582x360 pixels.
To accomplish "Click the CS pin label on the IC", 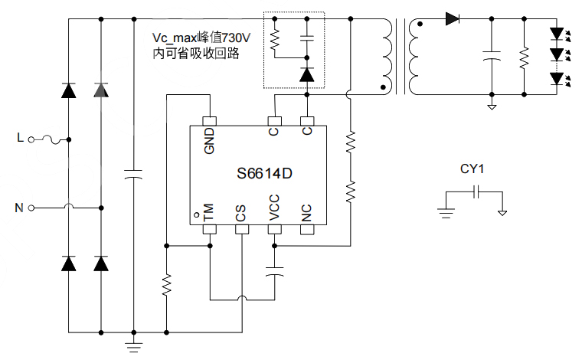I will click(241, 212).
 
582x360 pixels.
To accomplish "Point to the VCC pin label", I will click(274, 208).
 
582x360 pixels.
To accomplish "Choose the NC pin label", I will click(307, 212).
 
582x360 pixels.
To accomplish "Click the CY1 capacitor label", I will click(472, 169).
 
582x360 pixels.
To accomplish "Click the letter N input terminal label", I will click(20, 207).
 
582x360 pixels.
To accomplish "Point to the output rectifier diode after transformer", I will click(452, 18).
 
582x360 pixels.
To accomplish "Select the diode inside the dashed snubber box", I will click(306, 74).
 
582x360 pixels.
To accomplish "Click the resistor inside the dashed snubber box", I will click(276, 39).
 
